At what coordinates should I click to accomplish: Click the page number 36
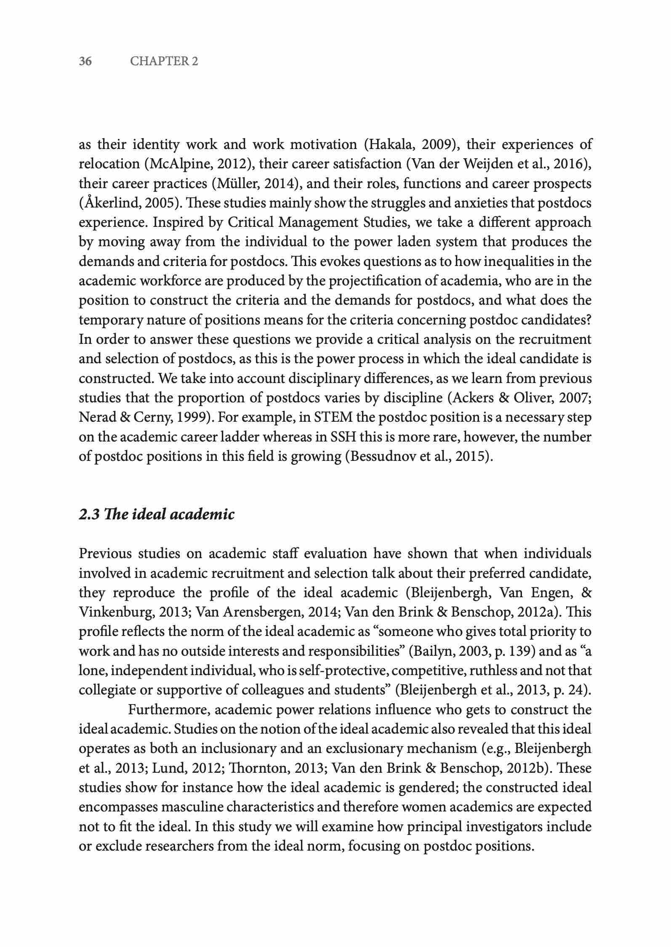pos(85,61)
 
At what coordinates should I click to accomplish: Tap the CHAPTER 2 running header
pos(164,61)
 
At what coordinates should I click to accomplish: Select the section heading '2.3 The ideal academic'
pos(157,514)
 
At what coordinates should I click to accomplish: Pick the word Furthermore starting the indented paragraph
pos(169,710)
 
